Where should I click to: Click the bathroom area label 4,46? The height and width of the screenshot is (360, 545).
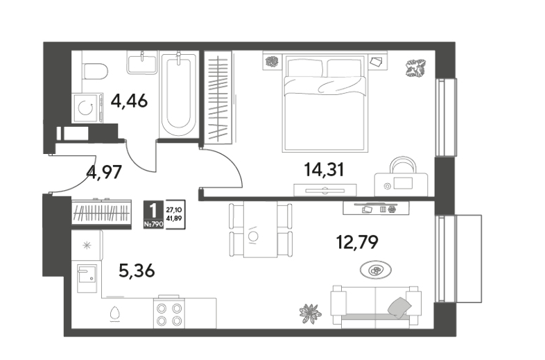pyautogui.click(x=129, y=101)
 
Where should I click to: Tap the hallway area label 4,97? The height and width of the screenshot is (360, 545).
pyautogui.click(x=104, y=172)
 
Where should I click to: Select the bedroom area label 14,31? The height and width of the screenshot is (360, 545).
pyautogui.click(x=324, y=170)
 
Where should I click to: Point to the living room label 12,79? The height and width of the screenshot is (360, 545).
pyautogui.click(x=357, y=242)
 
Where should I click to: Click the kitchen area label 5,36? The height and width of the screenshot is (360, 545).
pyautogui.click(x=137, y=271)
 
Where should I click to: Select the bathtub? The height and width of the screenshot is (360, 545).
pyautogui.click(x=179, y=94)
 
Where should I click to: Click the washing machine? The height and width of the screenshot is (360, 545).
pyautogui.click(x=87, y=108)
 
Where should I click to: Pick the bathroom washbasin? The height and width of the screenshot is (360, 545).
pyautogui.click(x=142, y=62)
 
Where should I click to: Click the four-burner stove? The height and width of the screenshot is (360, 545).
pyautogui.click(x=169, y=314)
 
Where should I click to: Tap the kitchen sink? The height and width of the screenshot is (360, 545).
pyautogui.click(x=86, y=277)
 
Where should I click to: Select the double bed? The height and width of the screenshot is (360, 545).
pyautogui.click(x=325, y=103)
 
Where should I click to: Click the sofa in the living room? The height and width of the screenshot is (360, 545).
pyautogui.click(x=376, y=307)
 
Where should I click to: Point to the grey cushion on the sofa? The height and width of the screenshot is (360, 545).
pyautogui.click(x=399, y=308)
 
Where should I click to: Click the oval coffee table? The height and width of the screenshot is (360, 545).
pyautogui.click(x=376, y=270)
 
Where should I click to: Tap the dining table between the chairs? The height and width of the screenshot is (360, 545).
pyautogui.click(x=260, y=230)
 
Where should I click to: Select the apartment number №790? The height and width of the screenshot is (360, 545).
pyautogui.click(x=153, y=224)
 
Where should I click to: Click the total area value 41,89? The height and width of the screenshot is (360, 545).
pyautogui.click(x=175, y=218)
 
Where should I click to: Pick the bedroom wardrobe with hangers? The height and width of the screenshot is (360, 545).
pyautogui.click(x=218, y=96)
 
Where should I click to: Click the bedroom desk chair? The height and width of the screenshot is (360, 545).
pyautogui.click(x=403, y=165)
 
